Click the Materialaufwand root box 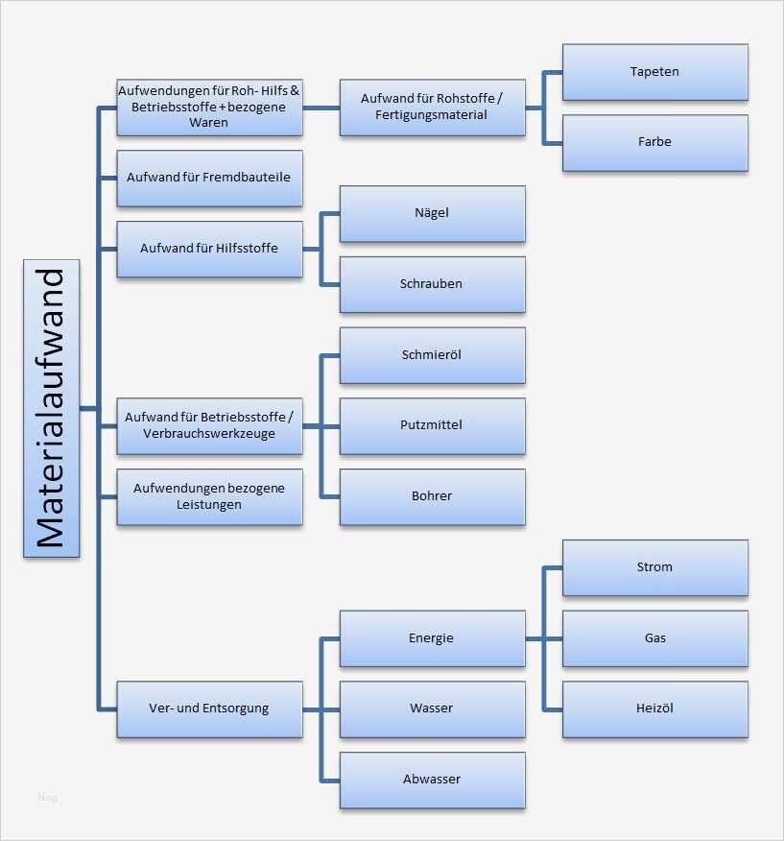[x=52, y=408]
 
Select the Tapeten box [x=654, y=72]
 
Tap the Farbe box [x=654, y=142]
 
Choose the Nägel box [x=432, y=213]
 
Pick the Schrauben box [x=432, y=284]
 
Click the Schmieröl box [x=432, y=355]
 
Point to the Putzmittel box [x=432, y=425]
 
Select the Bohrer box [x=432, y=496]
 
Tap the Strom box [x=654, y=567]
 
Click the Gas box [x=654, y=638]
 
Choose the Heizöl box [x=654, y=709]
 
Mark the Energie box [x=432, y=638]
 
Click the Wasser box [x=432, y=709]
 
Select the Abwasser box [x=432, y=780]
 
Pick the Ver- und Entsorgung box [x=209, y=709]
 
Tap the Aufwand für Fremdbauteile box [x=209, y=178]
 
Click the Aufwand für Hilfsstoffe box [x=209, y=249]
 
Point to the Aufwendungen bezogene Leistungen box [x=209, y=496]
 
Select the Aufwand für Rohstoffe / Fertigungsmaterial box [x=432, y=107]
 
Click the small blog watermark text [x=48, y=797]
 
